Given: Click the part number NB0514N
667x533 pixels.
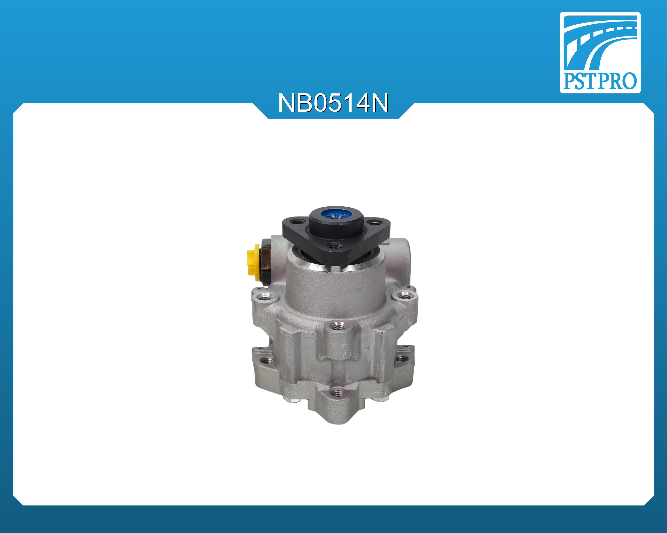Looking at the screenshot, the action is pyautogui.click(x=333, y=103).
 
